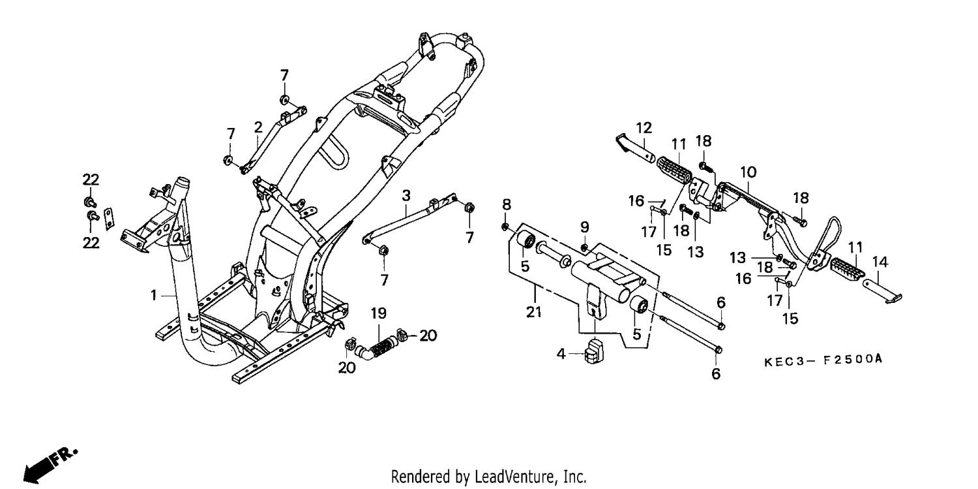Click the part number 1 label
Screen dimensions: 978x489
point(154,296)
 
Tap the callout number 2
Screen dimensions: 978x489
point(258,127)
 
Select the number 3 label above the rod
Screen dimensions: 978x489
point(406,195)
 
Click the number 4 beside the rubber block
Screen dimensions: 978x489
point(561,354)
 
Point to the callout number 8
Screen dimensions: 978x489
point(507,204)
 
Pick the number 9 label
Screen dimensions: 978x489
point(585,227)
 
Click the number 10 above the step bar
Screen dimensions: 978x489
point(748,172)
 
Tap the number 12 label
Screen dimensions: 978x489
point(644,128)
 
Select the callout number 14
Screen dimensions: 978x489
point(880,262)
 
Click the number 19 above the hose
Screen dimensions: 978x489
point(379,313)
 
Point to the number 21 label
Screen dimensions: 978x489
point(533,313)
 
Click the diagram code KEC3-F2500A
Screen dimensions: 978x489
point(823,360)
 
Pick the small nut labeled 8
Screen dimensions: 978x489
point(505,227)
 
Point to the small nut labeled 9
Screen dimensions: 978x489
point(584,248)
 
